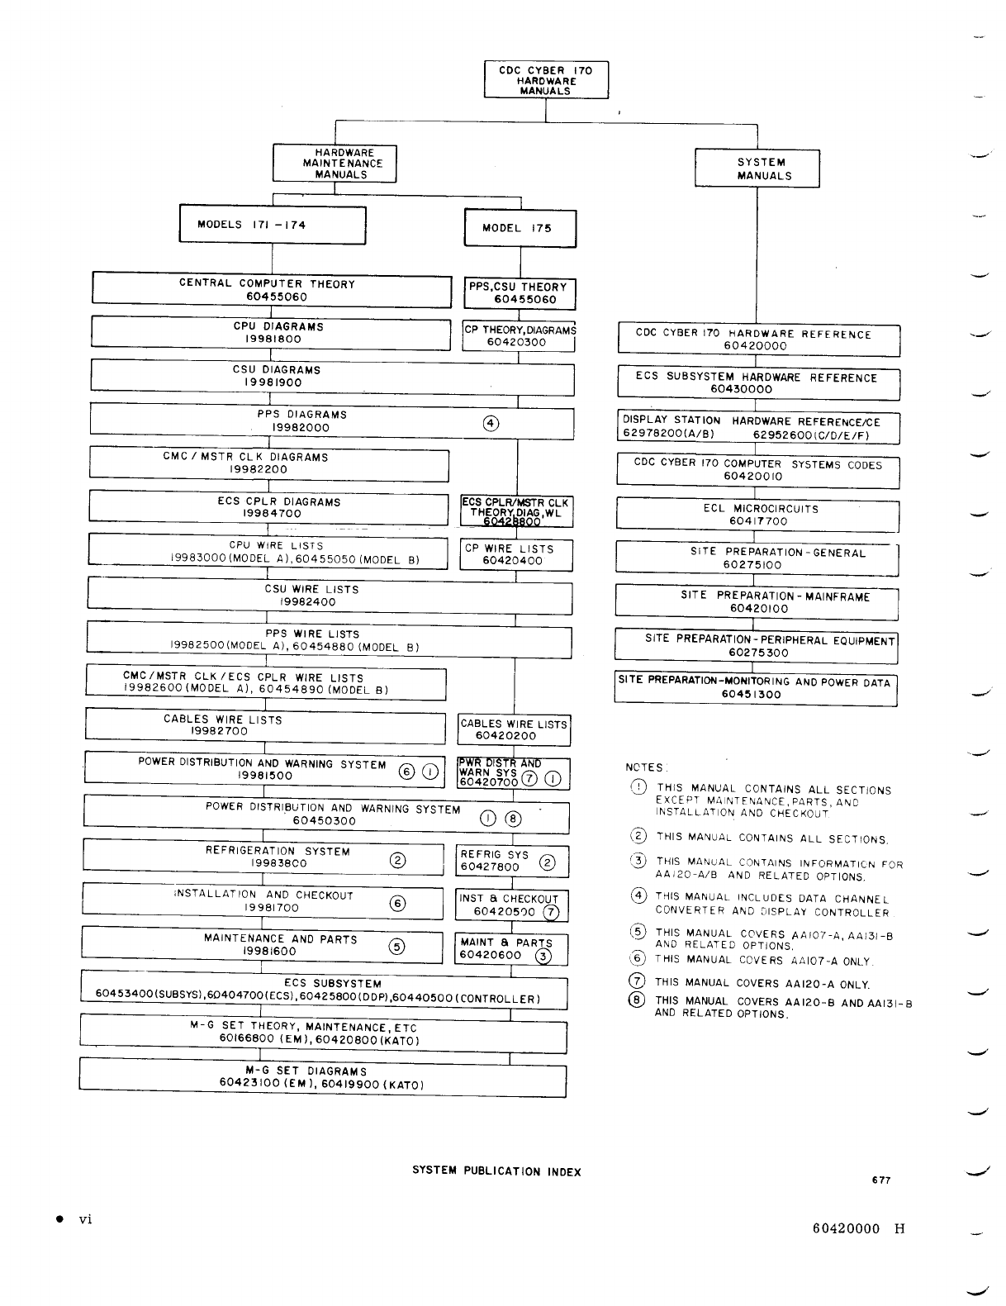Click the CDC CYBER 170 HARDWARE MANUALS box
pyautogui.click(x=546, y=80)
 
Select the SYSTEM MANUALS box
pyautogui.click(x=757, y=169)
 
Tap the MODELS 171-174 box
pyautogui.click(x=273, y=225)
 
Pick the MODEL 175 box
pyautogui.click(x=520, y=229)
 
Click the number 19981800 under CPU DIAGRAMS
pyautogui.click(x=273, y=339)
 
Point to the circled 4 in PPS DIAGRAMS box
pyautogui.click(x=490, y=424)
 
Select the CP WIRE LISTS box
pyautogui.click(x=515, y=554)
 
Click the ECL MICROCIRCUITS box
pyautogui.click(x=757, y=515)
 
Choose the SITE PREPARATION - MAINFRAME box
pyautogui.click(x=757, y=602)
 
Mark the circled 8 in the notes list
pyautogui.click(x=637, y=1001)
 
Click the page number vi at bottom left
pyautogui.click(x=85, y=1219)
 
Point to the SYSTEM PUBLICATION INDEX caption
pyautogui.click(x=496, y=1171)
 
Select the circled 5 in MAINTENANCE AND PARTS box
pyautogui.click(x=397, y=947)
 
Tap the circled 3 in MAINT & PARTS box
pyautogui.click(x=543, y=957)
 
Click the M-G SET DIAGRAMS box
pyautogui.click(x=322, y=1076)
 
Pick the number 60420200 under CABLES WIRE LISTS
pyautogui.click(x=505, y=736)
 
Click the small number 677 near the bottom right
pyautogui.click(x=881, y=1180)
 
